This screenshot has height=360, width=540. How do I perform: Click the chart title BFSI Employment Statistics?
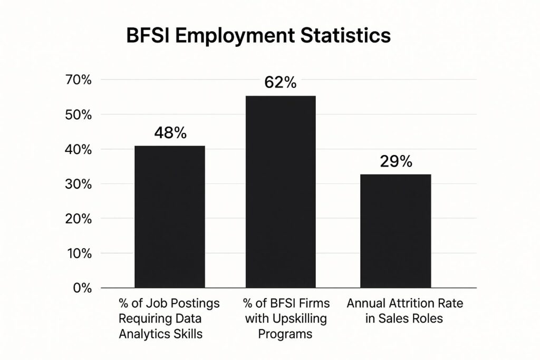(x=258, y=36)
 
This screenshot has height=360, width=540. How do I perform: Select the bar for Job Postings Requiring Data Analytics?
(x=170, y=217)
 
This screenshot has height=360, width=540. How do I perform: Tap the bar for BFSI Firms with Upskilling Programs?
(x=281, y=192)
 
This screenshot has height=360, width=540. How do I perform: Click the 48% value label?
(x=170, y=133)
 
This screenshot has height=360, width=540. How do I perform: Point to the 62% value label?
(x=281, y=83)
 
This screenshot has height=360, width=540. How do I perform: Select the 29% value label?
(x=396, y=161)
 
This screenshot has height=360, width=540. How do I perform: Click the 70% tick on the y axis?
(x=78, y=80)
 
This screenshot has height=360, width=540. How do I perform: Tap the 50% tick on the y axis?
(x=78, y=115)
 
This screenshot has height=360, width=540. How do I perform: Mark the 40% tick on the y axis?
(x=78, y=150)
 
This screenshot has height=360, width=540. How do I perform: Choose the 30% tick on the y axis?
(x=78, y=184)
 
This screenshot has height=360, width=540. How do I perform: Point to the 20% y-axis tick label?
(x=78, y=219)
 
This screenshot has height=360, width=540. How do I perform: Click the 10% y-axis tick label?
(x=78, y=254)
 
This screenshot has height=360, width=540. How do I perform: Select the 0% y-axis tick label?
(x=82, y=288)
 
